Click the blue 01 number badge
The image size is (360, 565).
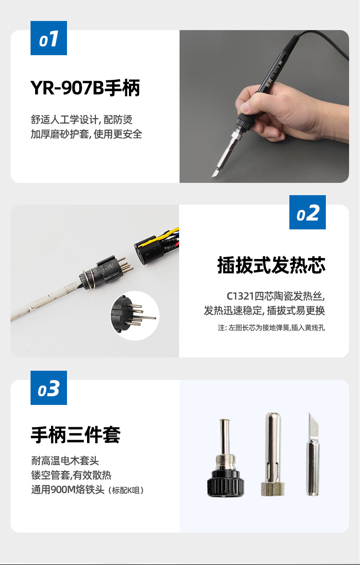click(x=49, y=38)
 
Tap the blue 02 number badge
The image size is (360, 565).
click(x=307, y=212)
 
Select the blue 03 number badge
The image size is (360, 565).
click(x=49, y=388)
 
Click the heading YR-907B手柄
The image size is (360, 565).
click(x=85, y=88)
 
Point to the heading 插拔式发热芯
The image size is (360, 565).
click(x=271, y=265)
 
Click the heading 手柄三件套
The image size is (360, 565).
click(x=75, y=435)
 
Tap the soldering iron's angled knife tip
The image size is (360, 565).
click(x=216, y=173)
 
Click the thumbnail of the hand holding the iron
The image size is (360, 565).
click(x=264, y=106)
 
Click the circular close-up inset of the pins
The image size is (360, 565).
click(x=135, y=316)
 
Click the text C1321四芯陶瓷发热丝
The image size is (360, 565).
click(x=276, y=296)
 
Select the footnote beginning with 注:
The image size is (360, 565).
click(x=272, y=328)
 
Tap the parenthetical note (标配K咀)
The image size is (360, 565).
click(x=126, y=490)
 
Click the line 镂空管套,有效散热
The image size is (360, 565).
click(x=72, y=475)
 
